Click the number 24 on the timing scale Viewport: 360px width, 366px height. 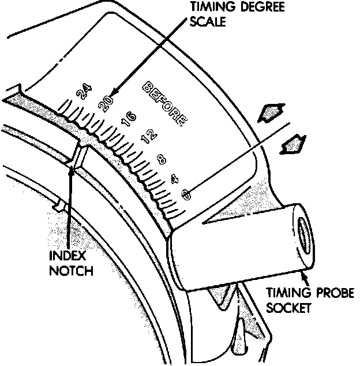[84, 91]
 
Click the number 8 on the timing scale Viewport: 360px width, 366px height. [161, 158]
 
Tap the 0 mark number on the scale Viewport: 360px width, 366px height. [185, 196]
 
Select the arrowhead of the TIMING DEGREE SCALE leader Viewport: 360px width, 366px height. [112, 94]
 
